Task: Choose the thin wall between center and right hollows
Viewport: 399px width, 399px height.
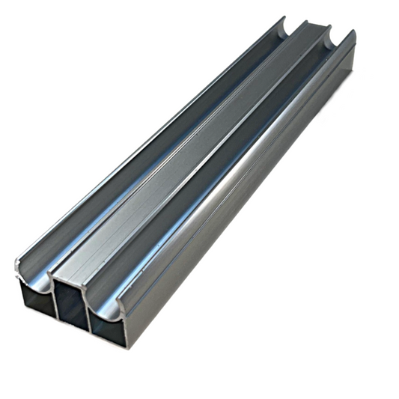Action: (89, 313)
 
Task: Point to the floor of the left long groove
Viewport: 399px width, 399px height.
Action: (150, 157)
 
